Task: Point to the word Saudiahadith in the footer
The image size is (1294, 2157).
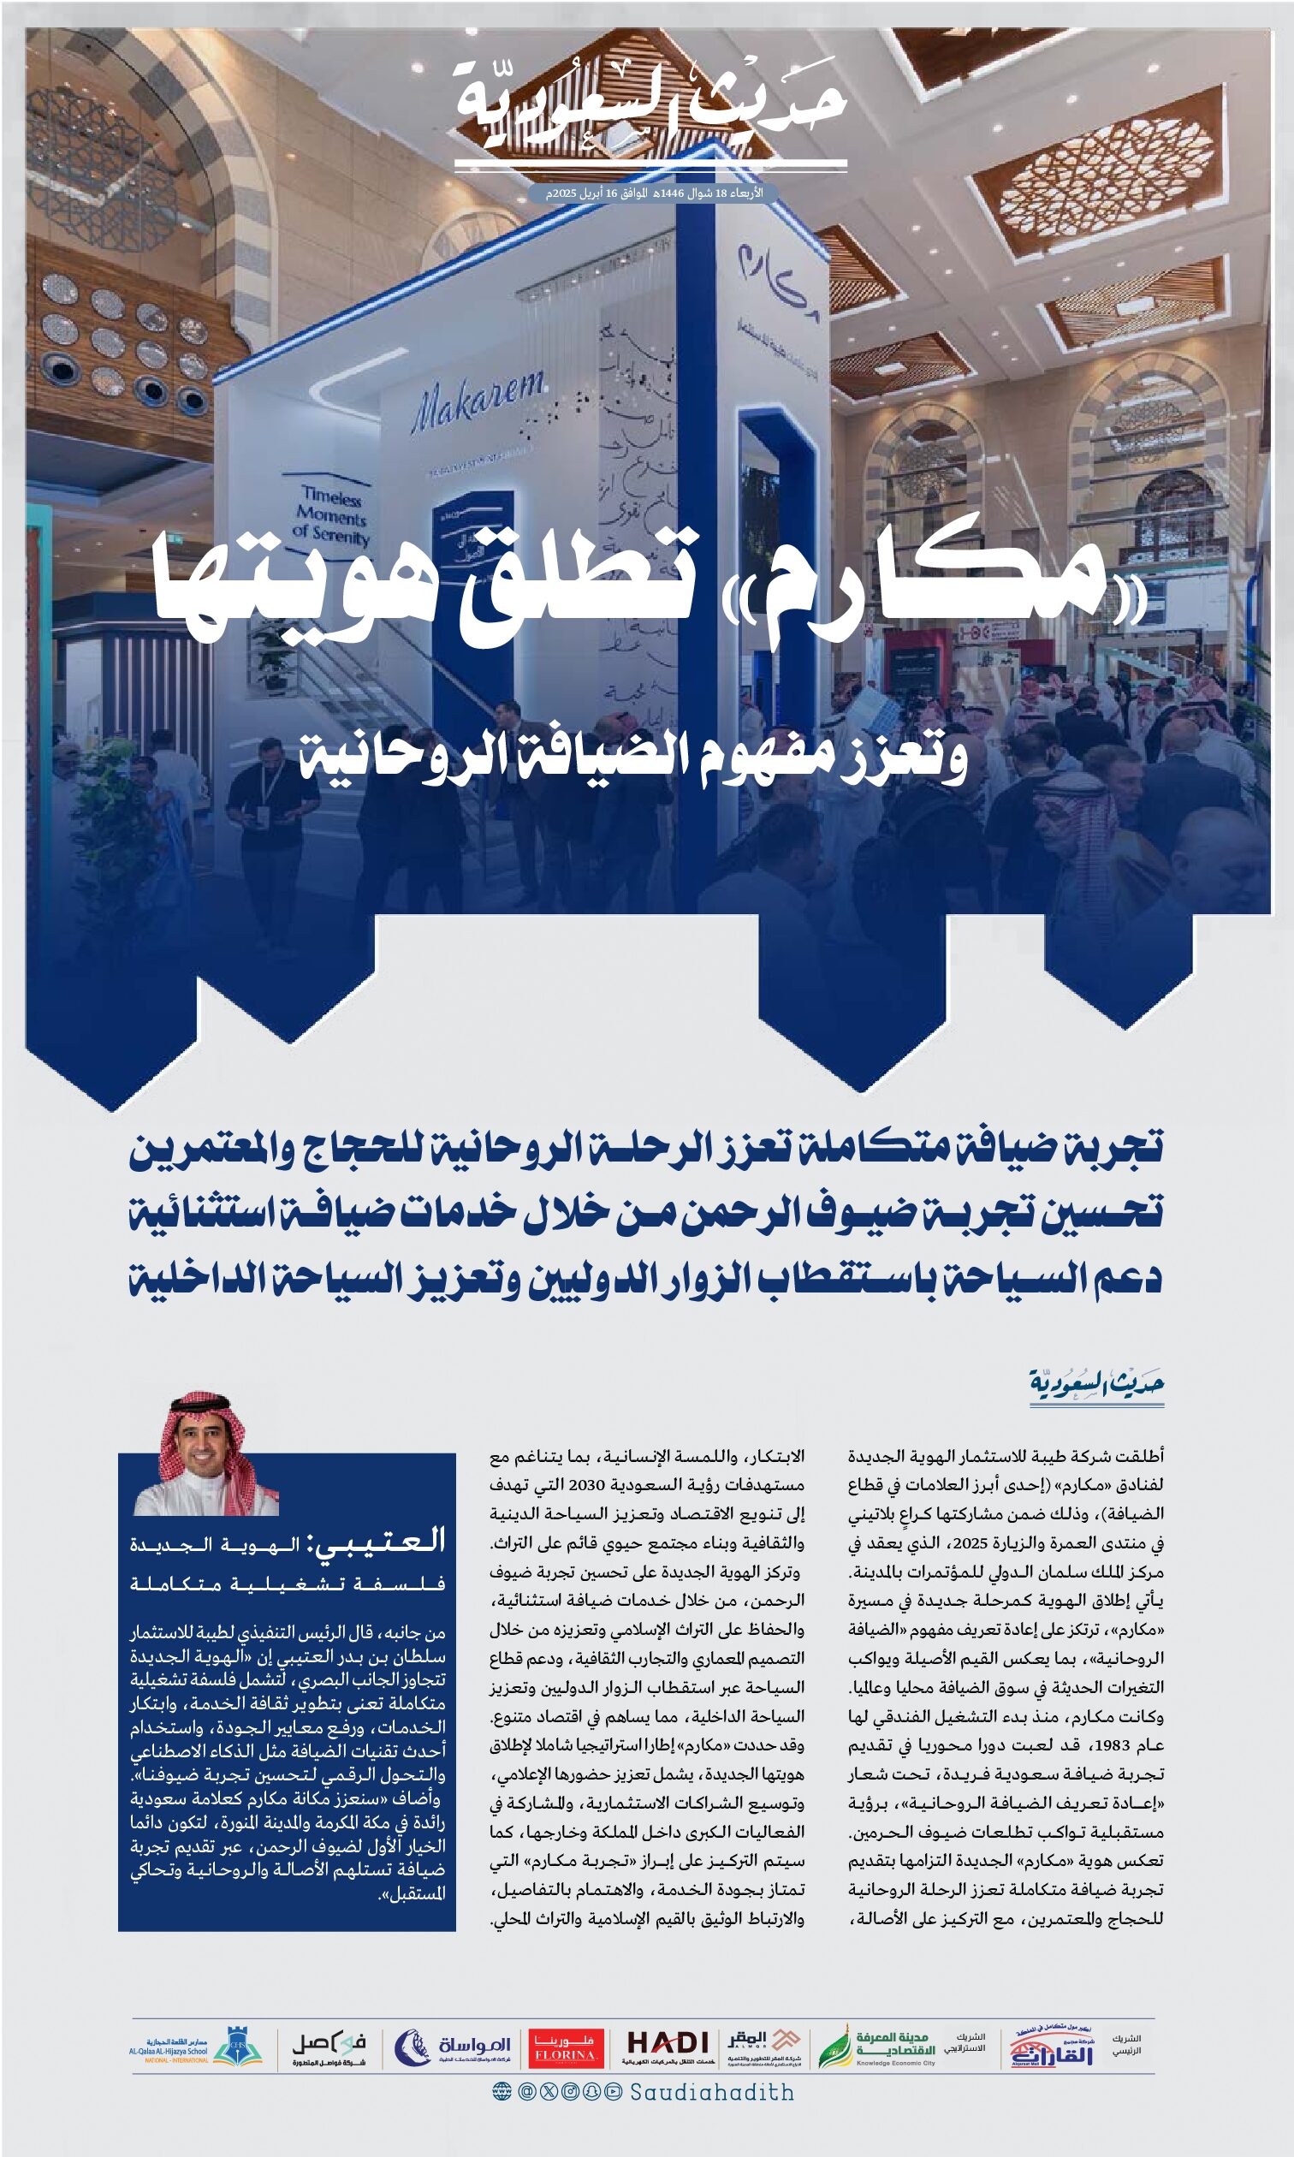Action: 711,2093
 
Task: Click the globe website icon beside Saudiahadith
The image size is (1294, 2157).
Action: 502,2093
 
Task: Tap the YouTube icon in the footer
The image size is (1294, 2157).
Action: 613,2093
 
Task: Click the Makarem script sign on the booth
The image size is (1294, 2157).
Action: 478,402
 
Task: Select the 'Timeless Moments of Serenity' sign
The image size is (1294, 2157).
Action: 331,515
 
